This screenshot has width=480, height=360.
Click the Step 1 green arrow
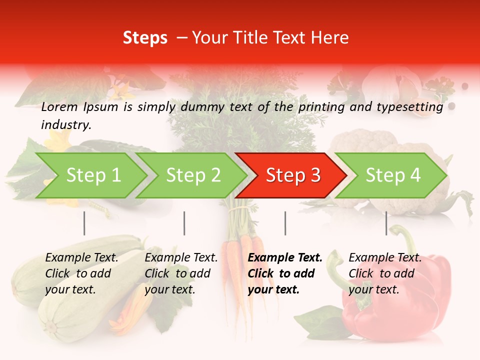click(93, 175)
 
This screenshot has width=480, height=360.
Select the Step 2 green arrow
click(193, 175)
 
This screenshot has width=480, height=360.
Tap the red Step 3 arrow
click(293, 175)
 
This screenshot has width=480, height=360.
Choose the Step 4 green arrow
click(393, 175)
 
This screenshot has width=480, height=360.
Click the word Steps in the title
click(145, 38)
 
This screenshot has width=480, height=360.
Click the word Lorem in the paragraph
click(59, 106)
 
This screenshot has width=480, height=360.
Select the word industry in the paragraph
click(66, 125)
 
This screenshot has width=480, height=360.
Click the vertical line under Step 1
click(84, 223)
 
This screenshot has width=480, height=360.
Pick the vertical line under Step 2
click(184, 223)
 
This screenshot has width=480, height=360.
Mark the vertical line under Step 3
click(285, 223)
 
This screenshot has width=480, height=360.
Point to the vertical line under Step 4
click(386, 223)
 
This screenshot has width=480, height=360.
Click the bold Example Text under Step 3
click(285, 258)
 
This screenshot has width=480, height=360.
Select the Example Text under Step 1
click(81, 258)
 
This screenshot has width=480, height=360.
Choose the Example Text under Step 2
click(181, 258)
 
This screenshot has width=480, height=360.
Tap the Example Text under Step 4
click(385, 258)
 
